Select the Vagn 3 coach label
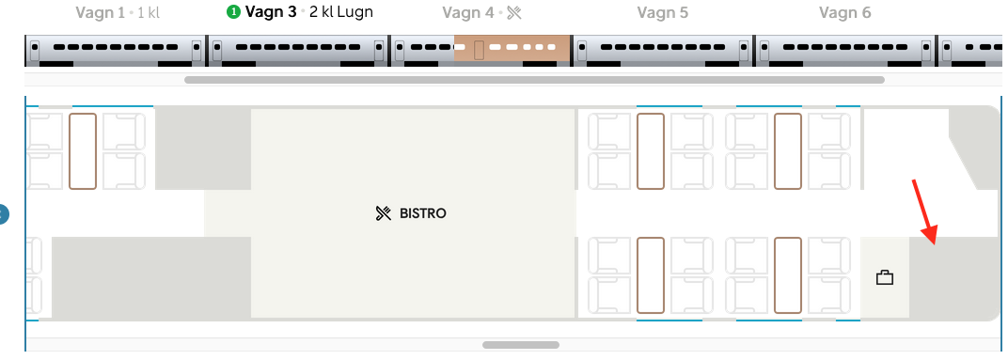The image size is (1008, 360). (x=271, y=13)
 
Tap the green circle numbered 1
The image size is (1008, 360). (x=232, y=13)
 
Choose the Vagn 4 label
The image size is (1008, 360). (x=469, y=13)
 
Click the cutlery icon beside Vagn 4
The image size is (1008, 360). (x=513, y=13)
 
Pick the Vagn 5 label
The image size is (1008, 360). (x=662, y=13)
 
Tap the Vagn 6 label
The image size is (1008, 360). (x=844, y=13)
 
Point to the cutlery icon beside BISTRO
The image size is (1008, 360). (x=383, y=213)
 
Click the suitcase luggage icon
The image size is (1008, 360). (x=884, y=277)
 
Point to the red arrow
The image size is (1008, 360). (x=924, y=211)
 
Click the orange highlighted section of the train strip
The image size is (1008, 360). (x=512, y=49)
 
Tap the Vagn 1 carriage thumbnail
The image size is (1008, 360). (x=115, y=50)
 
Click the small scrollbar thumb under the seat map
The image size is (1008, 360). (x=520, y=345)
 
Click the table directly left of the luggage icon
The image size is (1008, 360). (x=788, y=274)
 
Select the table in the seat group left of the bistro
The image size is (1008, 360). (x=83, y=150)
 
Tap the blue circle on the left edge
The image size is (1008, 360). (x=2, y=214)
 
